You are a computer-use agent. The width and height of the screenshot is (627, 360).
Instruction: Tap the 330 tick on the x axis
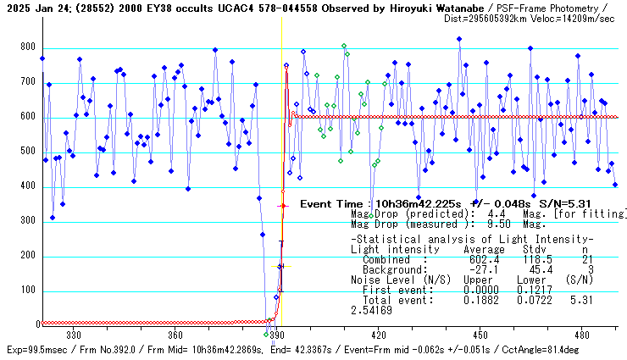click(x=73, y=334)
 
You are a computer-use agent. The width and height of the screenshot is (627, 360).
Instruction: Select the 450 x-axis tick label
click(x=480, y=334)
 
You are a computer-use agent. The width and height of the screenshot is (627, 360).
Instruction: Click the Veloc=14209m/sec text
click(x=576, y=18)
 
